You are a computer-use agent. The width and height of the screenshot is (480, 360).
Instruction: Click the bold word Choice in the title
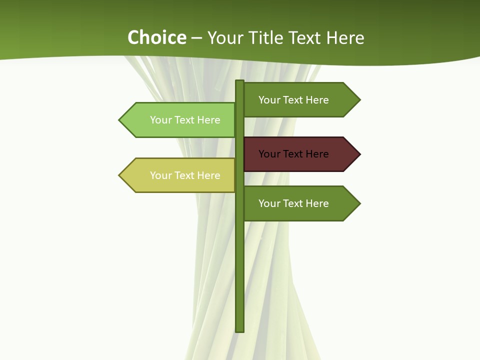click(x=156, y=38)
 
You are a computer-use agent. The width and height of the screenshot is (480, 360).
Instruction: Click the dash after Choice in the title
click(x=196, y=38)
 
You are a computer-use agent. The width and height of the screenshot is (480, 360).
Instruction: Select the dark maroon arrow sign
click(x=300, y=154)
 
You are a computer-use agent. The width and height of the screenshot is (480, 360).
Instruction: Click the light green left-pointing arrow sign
click(x=180, y=120)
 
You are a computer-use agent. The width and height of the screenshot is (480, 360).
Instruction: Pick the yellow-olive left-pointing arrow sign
click(x=180, y=175)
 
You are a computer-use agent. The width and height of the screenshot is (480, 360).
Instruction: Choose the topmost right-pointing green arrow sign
click(x=300, y=100)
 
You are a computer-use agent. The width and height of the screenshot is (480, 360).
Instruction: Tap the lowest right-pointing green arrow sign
click(x=300, y=203)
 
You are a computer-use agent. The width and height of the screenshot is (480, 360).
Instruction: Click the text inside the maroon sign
click(x=293, y=154)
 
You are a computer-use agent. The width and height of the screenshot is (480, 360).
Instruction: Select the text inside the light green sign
click(x=185, y=120)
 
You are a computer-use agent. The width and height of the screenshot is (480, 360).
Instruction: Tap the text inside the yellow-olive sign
click(x=185, y=175)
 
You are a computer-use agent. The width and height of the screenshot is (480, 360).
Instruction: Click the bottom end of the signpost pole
click(x=240, y=330)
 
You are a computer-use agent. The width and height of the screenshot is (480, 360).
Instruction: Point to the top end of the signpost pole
click(x=240, y=82)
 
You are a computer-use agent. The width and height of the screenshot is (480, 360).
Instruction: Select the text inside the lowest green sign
click(x=293, y=203)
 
